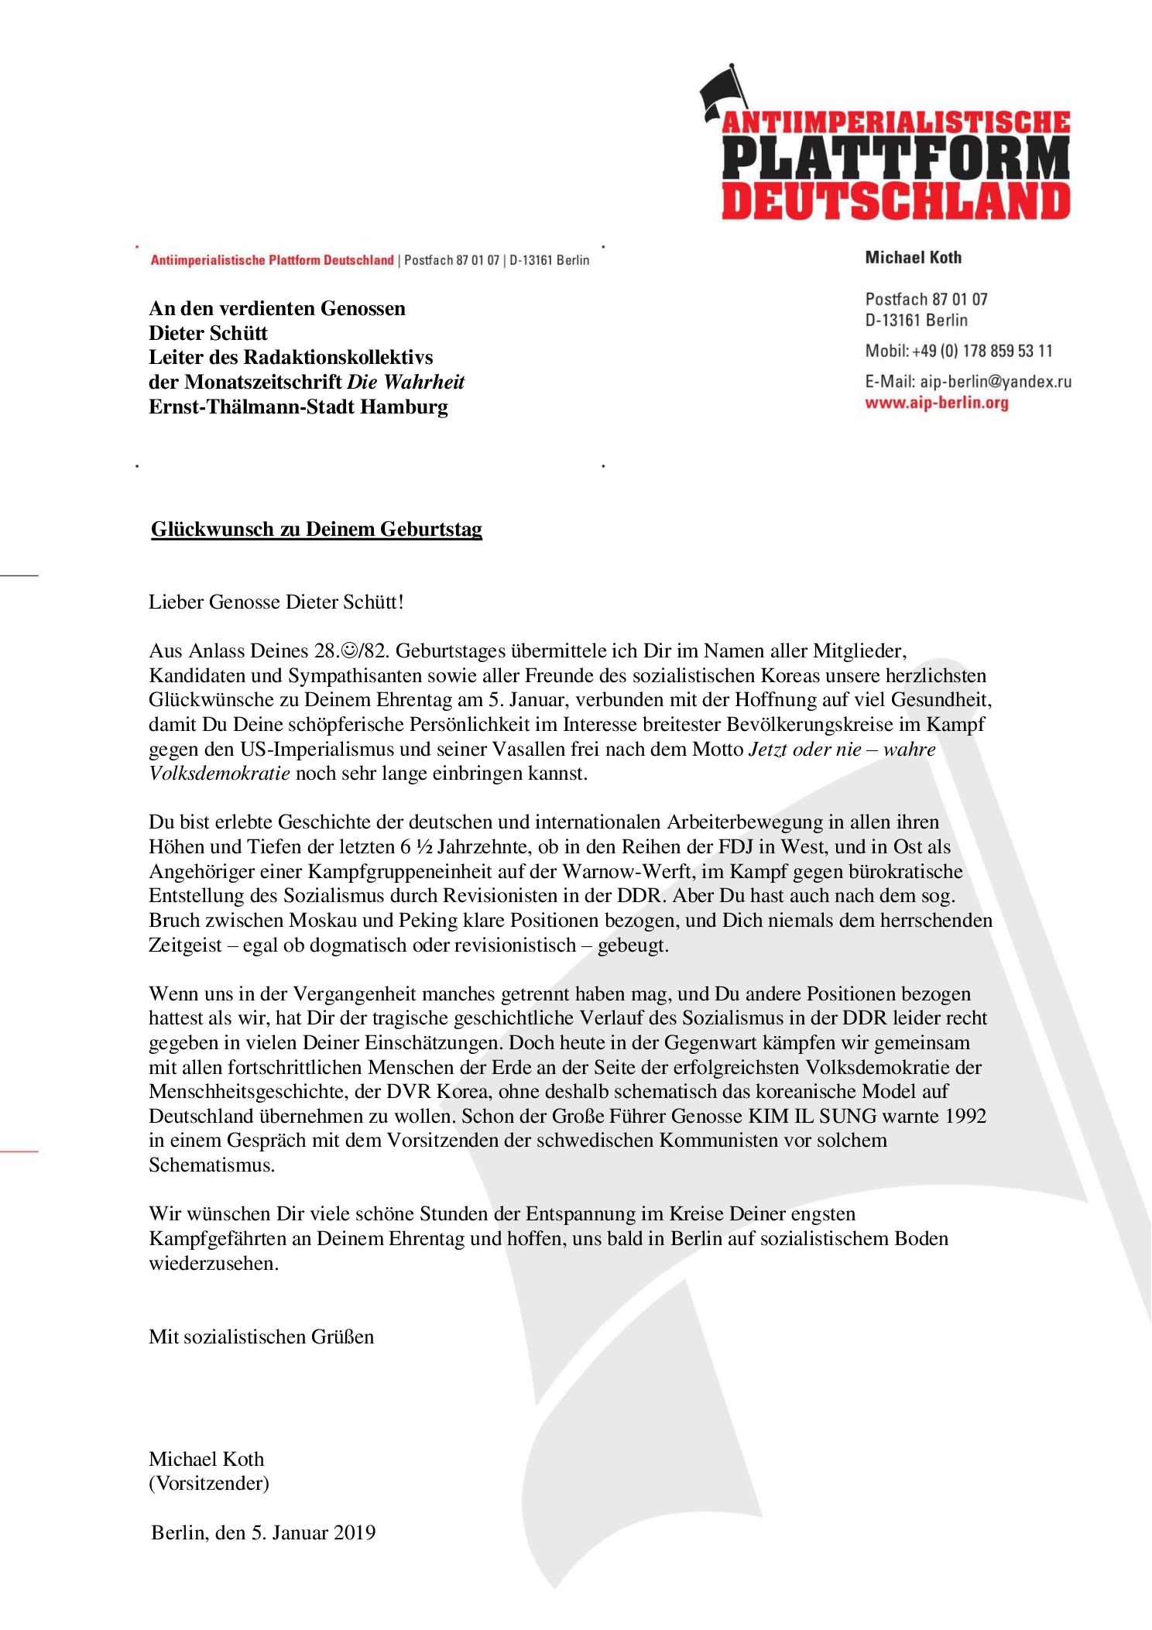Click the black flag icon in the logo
coord(723,91)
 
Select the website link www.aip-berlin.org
coord(937,403)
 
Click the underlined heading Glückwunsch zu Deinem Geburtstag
coord(317,529)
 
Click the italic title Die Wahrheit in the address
coord(406,382)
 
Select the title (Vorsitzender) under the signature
coord(209,1483)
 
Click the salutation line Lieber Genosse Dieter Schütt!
coord(276,602)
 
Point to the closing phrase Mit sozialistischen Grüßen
coord(261,1337)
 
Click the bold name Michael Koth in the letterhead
coord(914,258)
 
